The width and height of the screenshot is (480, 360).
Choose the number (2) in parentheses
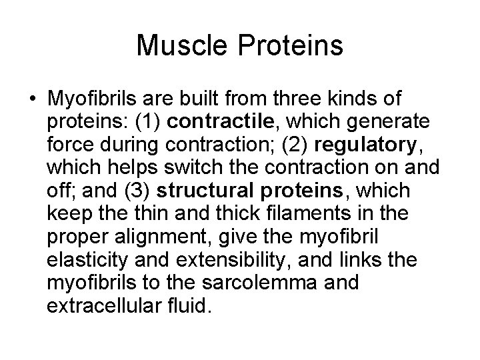point(291,146)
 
